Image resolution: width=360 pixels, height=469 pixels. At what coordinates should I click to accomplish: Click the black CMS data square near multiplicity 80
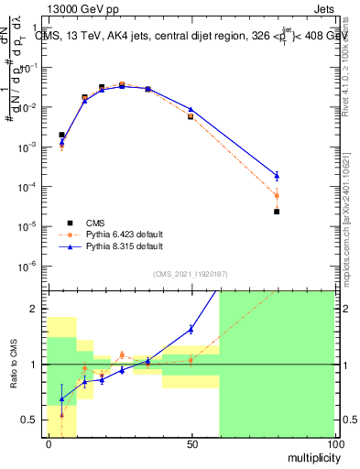[277, 212]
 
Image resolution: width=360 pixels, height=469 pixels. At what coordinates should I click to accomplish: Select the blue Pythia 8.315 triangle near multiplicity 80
[277, 175]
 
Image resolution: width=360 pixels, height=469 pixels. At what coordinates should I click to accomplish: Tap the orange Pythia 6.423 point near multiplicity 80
[277, 196]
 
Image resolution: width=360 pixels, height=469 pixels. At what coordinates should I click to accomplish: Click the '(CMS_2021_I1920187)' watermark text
[191, 274]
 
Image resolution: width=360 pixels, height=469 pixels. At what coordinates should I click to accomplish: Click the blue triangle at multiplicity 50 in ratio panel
[191, 328]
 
